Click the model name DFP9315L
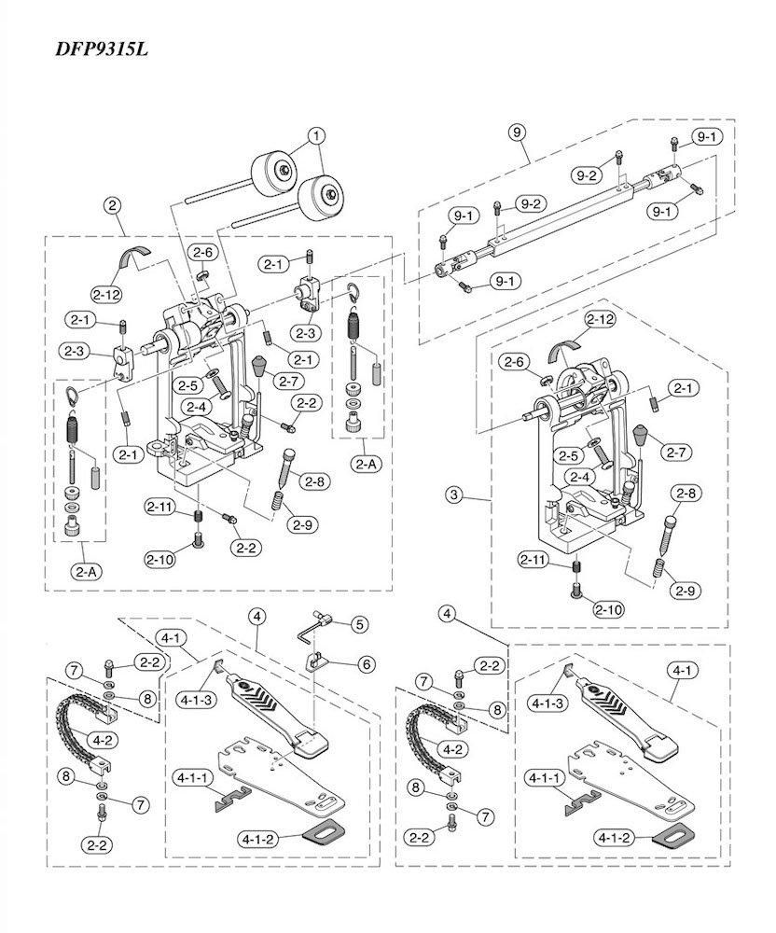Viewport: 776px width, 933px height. coord(100,48)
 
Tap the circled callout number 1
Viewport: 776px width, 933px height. coord(318,134)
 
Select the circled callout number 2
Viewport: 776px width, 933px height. coord(113,205)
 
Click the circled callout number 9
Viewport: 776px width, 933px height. coord(516,131)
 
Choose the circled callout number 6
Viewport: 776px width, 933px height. coord(365,663)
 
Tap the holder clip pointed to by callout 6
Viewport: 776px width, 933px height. coord(318,661)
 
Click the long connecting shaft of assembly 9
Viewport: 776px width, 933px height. coord(560,216)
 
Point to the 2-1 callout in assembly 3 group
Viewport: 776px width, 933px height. coord(685,387)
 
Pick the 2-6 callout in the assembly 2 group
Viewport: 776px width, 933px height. coord(202,252)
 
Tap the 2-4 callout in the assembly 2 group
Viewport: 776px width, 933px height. coord(195,407)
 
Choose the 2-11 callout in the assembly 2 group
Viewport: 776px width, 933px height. coord(159,507)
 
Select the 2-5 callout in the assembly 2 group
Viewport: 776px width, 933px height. coord(187,384)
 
